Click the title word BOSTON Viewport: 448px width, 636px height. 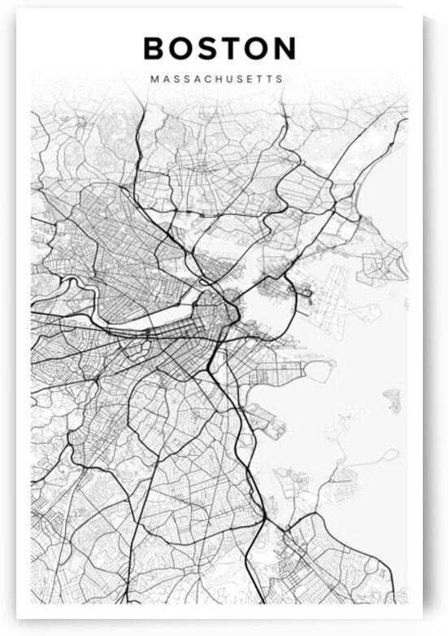point(220,48)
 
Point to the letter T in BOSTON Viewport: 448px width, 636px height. point(232,48)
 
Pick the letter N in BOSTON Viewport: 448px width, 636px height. point(284,48)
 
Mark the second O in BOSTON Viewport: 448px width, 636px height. point(257,48)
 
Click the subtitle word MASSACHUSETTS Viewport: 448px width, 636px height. point(217,81)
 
